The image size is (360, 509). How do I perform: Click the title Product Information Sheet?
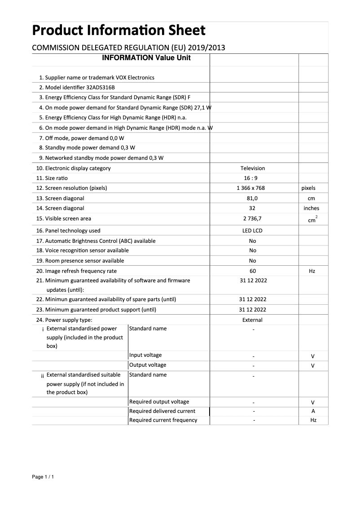coord(119,31)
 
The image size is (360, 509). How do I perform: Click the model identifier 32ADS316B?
coord(104,88)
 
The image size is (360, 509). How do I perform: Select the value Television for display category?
coord(253,168)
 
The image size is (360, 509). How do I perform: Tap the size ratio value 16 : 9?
coord(253,178)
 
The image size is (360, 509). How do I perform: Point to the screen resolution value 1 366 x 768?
coord(253,188)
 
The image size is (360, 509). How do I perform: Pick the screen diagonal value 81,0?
coord(253,198)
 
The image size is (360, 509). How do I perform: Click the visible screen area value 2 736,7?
coord(253,219)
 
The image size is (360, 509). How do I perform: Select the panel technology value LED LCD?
coord(252,231)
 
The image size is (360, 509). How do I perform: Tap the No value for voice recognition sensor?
coord(253,250)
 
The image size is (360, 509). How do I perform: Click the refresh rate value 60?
coord(253,271)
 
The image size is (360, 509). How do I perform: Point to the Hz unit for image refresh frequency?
coord(312,272)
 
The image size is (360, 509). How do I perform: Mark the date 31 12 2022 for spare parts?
coord(253,299)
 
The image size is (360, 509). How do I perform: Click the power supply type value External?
coord(252,320)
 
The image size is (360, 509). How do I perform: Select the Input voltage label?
coord(145,355)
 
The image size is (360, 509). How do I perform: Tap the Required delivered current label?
coord(162,411)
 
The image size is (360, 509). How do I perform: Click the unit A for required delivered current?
coord(313,411)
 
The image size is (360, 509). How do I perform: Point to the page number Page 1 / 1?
coord(43,477)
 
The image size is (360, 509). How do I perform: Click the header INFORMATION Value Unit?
coord(146,58)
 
